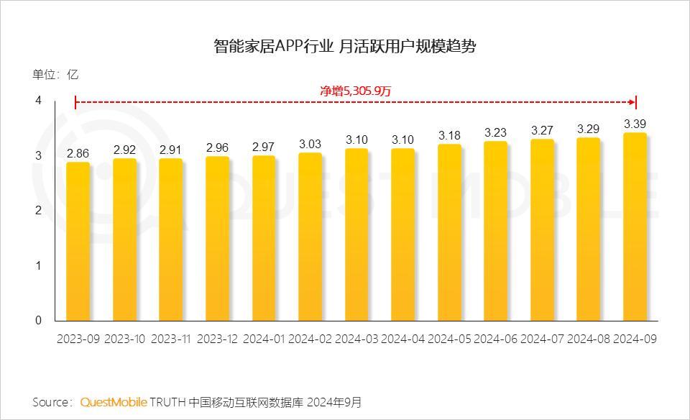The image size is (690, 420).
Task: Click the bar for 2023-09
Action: pos(78,242)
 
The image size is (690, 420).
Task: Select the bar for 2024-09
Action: pos(635,227)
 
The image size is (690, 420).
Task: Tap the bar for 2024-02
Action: pos(310,237)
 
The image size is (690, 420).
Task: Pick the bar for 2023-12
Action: pos(217,239)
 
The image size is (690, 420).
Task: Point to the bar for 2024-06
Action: pos(496,231)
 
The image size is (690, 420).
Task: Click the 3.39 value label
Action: pos(635,123)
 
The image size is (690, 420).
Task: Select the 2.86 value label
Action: pos(78,152)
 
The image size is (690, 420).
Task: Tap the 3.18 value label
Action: pos(449,134)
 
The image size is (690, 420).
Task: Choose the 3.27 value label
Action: pos(542,130)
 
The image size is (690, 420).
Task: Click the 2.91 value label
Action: pos(171,150)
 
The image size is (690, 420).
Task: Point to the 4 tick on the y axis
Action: pos(39,101)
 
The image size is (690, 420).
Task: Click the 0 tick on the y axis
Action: pos(39,321)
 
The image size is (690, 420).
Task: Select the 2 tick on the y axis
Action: pos(39,211)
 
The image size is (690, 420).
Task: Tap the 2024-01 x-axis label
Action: pos(264,339)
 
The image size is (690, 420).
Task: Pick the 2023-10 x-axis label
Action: pos(125,339)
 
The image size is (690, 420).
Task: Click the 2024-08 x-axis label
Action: pos(589,339)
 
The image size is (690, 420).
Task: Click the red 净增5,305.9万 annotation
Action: pos(355,91)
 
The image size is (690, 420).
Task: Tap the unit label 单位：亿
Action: pos(55,74)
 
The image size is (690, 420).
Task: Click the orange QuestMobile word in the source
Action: pos(114,401)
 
